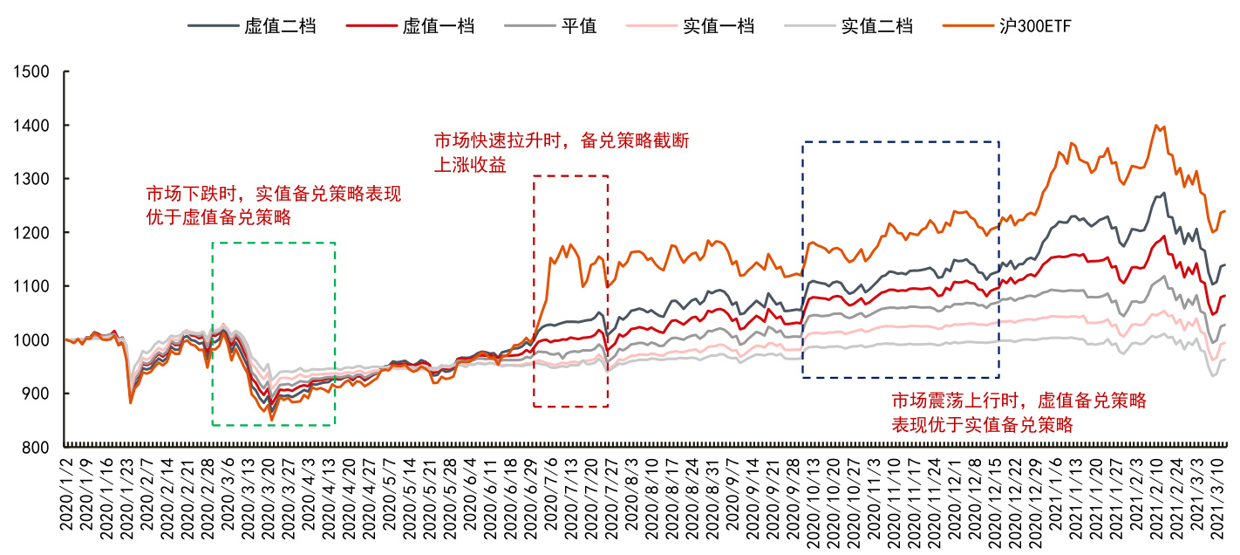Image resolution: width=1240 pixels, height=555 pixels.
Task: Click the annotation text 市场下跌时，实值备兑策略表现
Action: (273, 194)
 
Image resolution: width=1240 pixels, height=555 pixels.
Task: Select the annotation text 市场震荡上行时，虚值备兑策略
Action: (1018, 401)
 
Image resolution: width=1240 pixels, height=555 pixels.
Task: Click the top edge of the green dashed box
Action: (273, 243)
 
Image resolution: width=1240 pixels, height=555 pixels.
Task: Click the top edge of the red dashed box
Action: (570, 176)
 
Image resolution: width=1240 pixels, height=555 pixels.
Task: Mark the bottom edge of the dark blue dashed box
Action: (900, 377)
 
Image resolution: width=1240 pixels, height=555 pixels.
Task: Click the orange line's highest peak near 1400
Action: (1156, 125)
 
